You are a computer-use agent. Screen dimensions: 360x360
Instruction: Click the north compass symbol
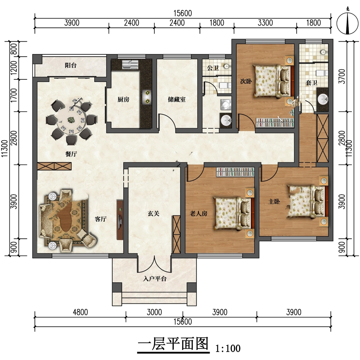(347, 23)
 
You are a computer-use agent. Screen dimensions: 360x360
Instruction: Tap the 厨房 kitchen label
(123, 99)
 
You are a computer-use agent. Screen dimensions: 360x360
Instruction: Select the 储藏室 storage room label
(177, 99)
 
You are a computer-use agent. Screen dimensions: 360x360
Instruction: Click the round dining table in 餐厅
(71, 120)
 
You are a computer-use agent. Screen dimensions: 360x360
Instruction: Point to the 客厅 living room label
(101, 219)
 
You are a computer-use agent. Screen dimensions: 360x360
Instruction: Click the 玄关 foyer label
(153, 214)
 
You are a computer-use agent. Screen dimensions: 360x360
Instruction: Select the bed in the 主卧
(307, 201)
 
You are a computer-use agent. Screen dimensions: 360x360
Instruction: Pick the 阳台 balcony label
(70, 65)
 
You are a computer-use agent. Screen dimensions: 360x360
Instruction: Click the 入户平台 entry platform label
(155, 279)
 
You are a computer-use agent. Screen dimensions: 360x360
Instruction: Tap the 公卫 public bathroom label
(213, 68)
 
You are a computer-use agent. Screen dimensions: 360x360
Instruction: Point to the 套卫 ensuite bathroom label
(311, 83)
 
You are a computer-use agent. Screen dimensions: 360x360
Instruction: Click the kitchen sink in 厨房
(130, 65)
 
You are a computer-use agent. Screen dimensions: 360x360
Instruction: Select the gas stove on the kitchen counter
(147, 97)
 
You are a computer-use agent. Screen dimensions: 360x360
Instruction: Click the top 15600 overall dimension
(183, 13)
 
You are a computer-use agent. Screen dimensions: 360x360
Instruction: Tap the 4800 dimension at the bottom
(80, 312)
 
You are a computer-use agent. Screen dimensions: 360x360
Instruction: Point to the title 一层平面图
(173, 344)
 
